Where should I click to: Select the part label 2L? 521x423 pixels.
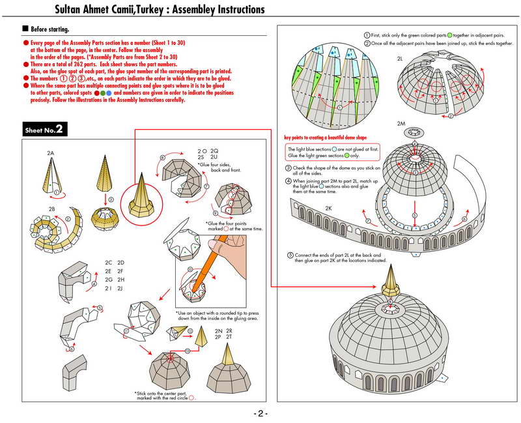[x=401, y=58]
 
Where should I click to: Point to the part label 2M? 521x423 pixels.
[x=401, y=123]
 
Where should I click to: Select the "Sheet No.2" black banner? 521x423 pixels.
[x=44, y=130]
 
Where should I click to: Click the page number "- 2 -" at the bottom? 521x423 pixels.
[x=260, y=414]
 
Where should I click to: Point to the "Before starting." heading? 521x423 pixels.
[x=49, y=29]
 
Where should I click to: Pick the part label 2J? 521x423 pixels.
[x=120, y=288]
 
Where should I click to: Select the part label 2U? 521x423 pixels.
[x=214, y=158]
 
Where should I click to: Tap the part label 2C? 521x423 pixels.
[x=109, y=263]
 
